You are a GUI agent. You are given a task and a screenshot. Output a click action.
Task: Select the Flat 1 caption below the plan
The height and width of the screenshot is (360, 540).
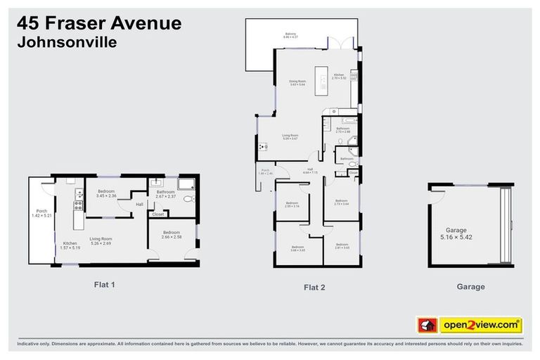coord(104,285)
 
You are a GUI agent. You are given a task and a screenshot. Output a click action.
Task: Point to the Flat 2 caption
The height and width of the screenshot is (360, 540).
coord(314,286)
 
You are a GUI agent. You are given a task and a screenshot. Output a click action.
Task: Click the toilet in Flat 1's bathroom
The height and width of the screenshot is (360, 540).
coord(187,200)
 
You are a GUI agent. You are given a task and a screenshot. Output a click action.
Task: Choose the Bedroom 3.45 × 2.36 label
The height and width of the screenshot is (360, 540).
coord(106,193)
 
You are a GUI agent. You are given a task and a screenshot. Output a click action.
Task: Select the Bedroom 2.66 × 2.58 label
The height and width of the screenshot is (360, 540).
coord(172,235)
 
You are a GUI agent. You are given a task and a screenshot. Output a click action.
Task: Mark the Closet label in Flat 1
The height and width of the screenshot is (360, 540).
coord(159,214)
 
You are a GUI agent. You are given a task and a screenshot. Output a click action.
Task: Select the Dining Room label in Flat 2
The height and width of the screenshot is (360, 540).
coord(298,83)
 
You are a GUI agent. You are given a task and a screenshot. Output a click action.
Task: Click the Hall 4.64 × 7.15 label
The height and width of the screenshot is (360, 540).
coord(310,171)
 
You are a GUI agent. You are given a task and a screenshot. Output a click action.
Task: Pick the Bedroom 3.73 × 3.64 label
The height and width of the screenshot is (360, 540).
coord(341,202)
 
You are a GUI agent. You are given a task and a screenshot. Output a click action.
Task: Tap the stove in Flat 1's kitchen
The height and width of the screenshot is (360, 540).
coord(79,205)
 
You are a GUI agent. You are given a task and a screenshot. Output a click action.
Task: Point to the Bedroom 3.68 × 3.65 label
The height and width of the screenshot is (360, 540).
coord(297,247)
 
